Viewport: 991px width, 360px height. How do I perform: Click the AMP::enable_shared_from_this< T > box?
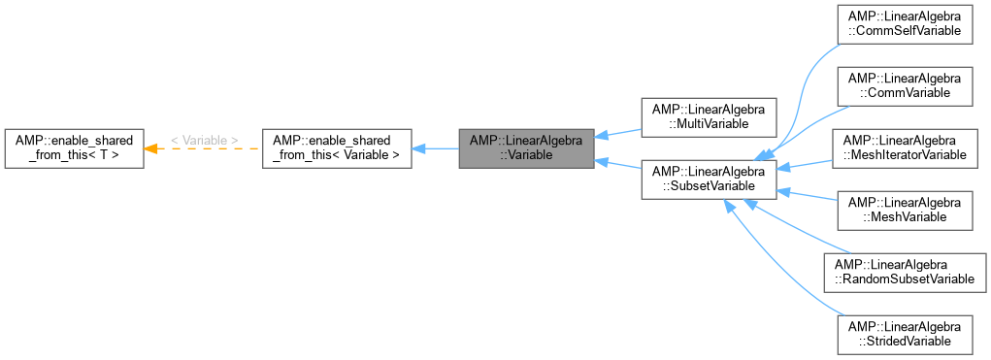(75, 148)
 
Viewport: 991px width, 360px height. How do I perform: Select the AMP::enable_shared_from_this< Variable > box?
(337, 148)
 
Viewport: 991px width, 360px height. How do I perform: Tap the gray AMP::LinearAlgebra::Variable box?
(526, 148)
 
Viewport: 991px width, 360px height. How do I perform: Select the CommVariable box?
(904, 85)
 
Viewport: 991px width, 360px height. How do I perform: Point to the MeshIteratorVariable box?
(904, 147)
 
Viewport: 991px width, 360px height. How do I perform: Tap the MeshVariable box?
(904, 210)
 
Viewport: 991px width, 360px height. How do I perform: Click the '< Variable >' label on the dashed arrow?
(204, 141)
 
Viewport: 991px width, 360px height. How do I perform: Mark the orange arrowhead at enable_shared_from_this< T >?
(151, 148)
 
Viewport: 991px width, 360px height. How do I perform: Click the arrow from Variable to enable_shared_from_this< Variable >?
(437, 148)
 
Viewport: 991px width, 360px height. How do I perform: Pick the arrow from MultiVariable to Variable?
(617, 133)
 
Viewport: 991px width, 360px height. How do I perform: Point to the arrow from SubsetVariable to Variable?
(617, 164)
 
